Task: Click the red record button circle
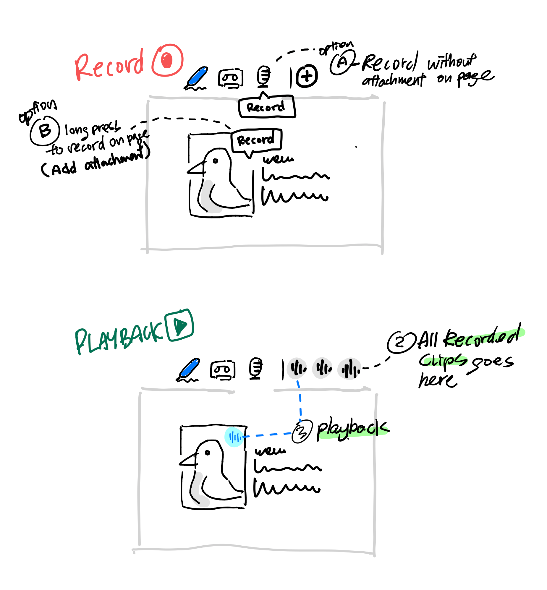point(168,60)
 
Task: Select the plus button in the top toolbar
point(307,76)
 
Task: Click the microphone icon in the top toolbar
point(263,76)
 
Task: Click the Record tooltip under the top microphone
point(266,107)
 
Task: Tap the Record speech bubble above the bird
point(256,140)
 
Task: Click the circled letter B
point(45,131)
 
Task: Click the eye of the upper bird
point(216,161)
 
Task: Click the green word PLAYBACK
point(118,339)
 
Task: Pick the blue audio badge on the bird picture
point(234,437)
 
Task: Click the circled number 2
point(400,343)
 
